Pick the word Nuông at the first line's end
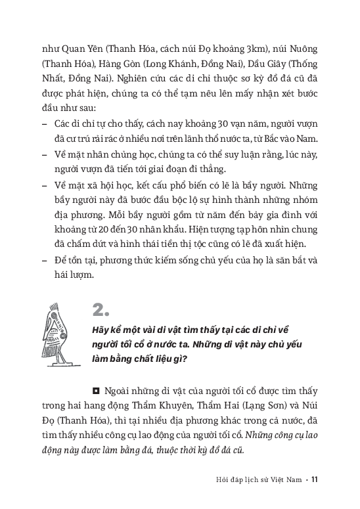pyautogui.click(x=304, y=47)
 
